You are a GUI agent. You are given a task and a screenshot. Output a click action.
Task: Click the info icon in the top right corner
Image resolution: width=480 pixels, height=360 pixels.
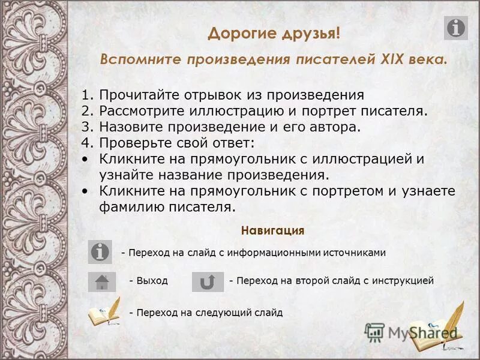[x=455, y=28]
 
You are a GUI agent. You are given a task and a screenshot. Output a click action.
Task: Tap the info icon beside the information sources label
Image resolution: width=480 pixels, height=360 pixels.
[x=100, y=252]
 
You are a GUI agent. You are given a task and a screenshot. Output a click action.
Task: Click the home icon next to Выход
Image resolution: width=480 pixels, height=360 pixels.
[x=101, y=281]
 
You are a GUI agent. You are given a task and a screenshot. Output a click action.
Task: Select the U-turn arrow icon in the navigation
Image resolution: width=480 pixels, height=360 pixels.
[x=208, y=281]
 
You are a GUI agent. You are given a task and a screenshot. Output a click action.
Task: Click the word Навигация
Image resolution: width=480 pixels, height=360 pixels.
[x=272, y=230]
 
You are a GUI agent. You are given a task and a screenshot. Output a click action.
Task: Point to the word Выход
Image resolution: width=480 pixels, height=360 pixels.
[x=152, y=281]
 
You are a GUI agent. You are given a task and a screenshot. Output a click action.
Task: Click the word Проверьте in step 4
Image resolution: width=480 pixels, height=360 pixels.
[x=131, y=143]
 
